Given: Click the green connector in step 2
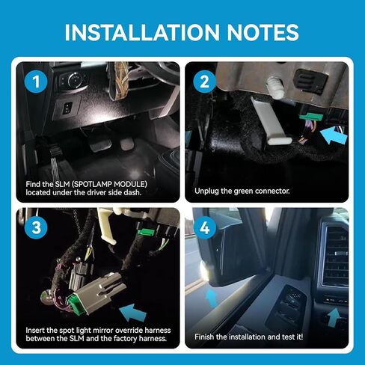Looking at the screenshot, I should pyautogui.click(x=308, y=117).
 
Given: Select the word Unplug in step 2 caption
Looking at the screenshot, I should pyautogui.click(x=209, y=191).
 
